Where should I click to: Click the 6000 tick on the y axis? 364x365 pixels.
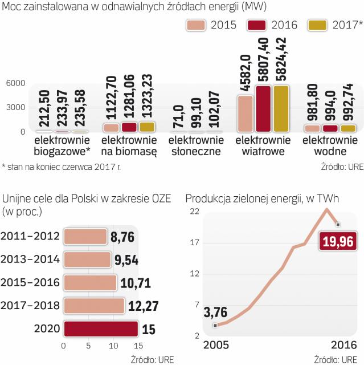click(16, 83)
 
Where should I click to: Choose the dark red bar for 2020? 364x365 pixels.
click(100, 328)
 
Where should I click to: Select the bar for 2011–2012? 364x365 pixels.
click(85, 236)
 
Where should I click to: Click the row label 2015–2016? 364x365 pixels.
click(30, 282)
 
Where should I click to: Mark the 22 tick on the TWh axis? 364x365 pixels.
click(194, 212)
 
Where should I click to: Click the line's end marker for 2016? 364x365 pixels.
click(338, 224)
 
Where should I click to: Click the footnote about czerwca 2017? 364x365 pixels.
click(61, 167)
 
